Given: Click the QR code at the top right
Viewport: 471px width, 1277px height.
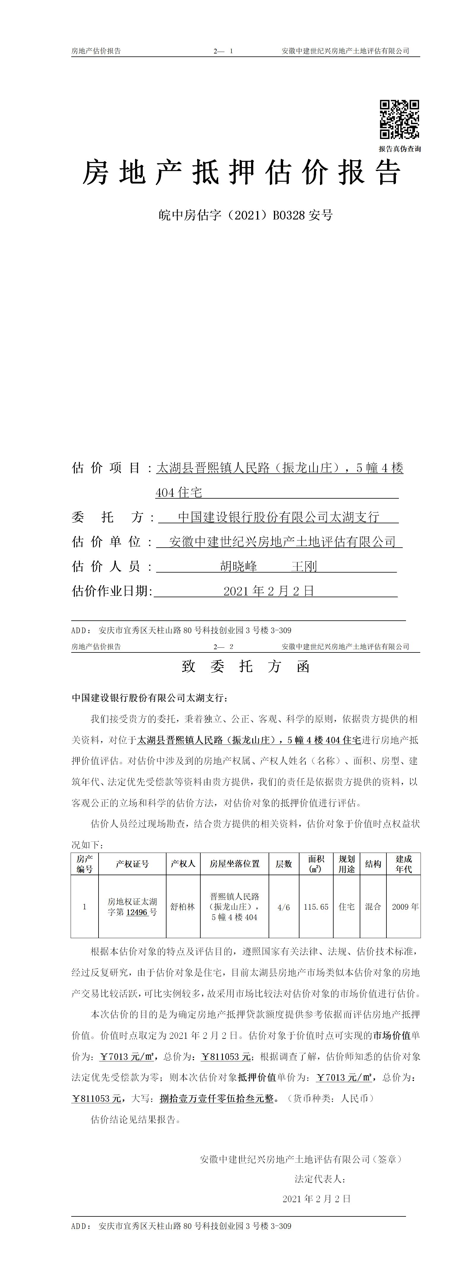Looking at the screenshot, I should pyautogui.click(x=399, y=119).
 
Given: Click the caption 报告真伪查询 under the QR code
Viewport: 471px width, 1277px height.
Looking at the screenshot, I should pyautogui.click(x=400, y=149).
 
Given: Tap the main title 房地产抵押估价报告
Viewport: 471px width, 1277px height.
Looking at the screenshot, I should pyautogui.click(x=241, y=173).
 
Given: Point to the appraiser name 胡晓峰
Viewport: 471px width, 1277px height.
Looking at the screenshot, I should pyautogui.click(x=239, y=567).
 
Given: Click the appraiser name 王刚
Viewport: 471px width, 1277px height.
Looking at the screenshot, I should pyautogui.click(x=304, y=567).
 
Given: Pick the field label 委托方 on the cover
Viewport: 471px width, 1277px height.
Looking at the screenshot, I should pyautogui.click(x=107, y=518).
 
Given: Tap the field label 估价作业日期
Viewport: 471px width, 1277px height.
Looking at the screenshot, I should pyautogui.click(x=110, y=591).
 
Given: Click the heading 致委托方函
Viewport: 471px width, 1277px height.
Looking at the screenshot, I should pyautogui.click(x=246, y=667).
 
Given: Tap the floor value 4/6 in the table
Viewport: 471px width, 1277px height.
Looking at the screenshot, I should pyautogui.click(x=284, y=907).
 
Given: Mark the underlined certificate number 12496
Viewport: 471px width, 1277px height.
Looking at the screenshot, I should pyautogui.click(x=137, y=912).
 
